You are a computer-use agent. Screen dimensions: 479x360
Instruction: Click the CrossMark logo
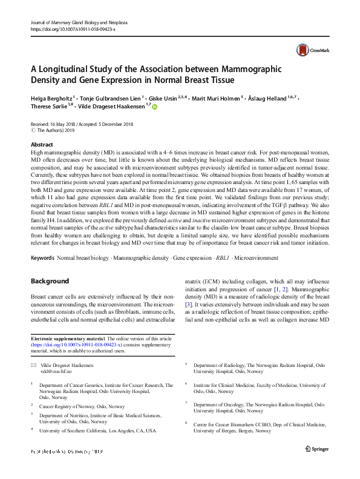click(x=309, y=50)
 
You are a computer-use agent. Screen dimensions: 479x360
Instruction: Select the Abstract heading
click(x=42, y=145)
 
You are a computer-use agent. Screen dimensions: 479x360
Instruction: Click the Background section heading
click(x=50, y=282)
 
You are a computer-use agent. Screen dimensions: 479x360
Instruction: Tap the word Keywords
click(x=42, y=259)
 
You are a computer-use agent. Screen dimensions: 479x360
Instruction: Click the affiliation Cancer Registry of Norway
click(x=82, y=406)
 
